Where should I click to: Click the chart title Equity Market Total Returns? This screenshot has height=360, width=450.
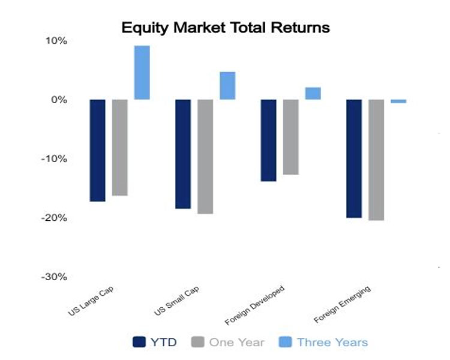(226, 28)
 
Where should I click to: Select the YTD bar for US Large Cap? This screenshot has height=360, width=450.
(98, 151)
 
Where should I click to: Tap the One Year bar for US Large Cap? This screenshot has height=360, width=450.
(119, 148)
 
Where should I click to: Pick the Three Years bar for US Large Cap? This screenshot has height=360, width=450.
(142, 73)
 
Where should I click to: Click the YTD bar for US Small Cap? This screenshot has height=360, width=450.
(183, 154)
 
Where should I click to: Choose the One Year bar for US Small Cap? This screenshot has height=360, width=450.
(205, 157)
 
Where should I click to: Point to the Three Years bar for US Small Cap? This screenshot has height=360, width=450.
(227, 86)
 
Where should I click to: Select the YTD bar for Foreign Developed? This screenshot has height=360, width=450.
(269, 140)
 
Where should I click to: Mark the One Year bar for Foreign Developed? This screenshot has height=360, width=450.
(291, 137)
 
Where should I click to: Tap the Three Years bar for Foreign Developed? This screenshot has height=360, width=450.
(313, 94)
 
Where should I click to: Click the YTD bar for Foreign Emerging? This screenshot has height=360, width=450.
(354, 159)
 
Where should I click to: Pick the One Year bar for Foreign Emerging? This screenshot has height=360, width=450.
(376, 160)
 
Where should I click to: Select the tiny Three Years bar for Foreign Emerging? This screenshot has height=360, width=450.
(398, 101)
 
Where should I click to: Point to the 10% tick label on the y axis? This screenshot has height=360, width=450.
(56, 41)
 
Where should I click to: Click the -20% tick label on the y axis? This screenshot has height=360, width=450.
(54, 218)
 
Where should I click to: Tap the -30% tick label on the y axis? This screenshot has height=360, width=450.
(54, 277)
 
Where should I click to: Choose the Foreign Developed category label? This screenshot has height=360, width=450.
(255, 305)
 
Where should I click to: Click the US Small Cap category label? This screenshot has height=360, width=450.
(177, 301)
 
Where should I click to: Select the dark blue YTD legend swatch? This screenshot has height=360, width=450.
(139, 342)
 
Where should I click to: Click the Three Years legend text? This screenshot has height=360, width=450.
(332, 343)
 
